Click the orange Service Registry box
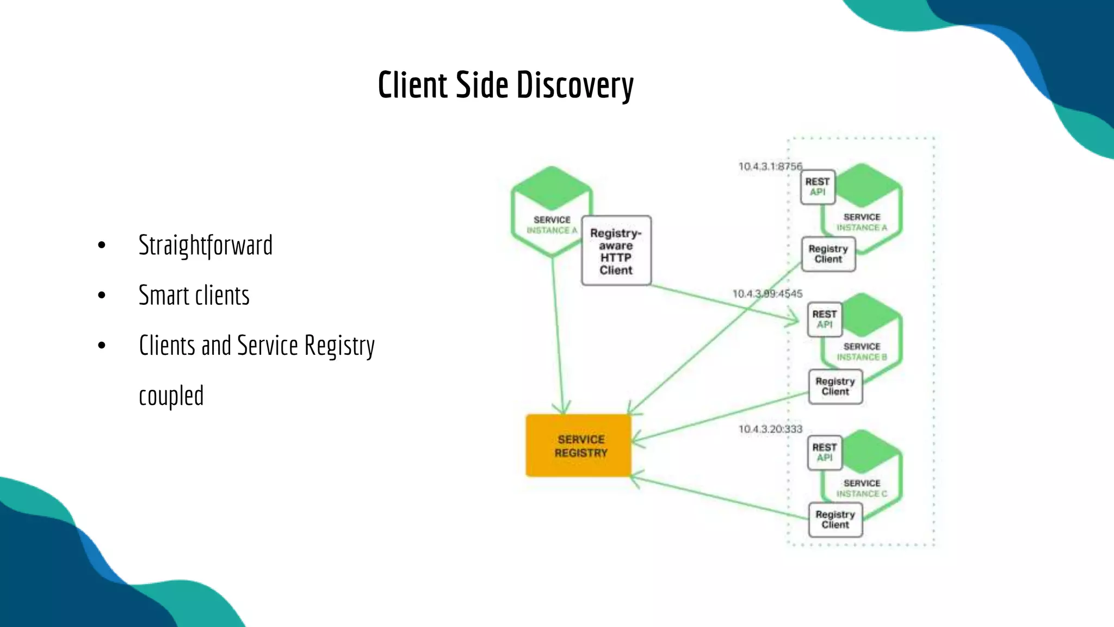(579, 446)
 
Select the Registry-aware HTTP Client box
(616, 251)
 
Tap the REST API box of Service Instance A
(817, 187)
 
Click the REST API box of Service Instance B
(824, 319)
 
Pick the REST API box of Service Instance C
(824, 452)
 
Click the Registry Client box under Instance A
(828, 254)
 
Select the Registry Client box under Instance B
(835, 386)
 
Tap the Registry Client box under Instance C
(835, 519)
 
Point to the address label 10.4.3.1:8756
(770, 166)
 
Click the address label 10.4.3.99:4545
(767, 294)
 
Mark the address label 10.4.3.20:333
(770, 429)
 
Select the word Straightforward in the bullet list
(205, 245)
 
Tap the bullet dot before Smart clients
(102, 296)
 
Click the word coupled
(171, 396)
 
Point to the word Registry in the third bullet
(339, 346)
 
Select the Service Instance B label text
(862, 352)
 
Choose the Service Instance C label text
(862, 488)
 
